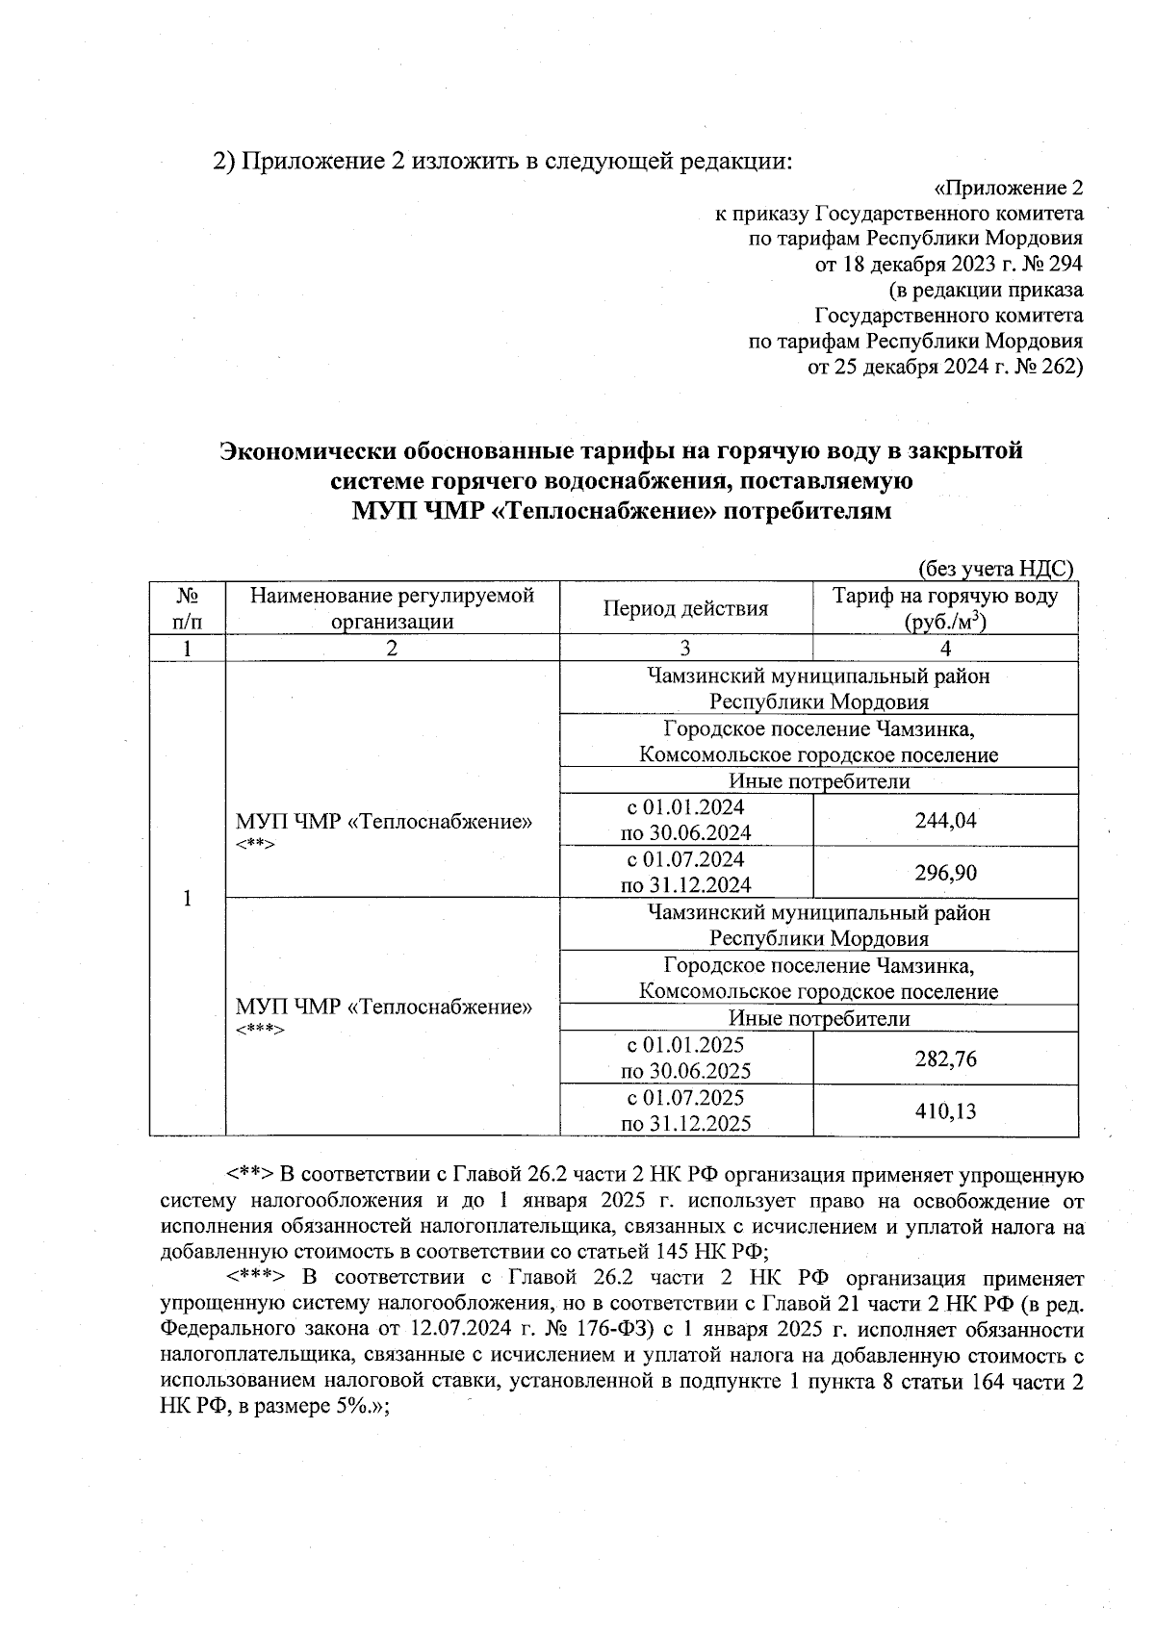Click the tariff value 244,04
pyautogui.click(x=945, y=820)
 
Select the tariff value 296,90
pyautogui.click(x=945, y=873)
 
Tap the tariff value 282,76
pyautogui.click(x=945, y=1059)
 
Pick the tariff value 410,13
pyautogui.click(x=945, y=1111)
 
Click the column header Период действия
pyautogui.click(x=685, y=608)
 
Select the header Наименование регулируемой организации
pyautogui.click(x=392, y=608)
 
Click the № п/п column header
pyautogui.click(x=187, y=608)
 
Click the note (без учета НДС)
pyautogui.click(x=994, y=569)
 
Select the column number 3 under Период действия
pyautogui.click(x=685, y=649)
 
